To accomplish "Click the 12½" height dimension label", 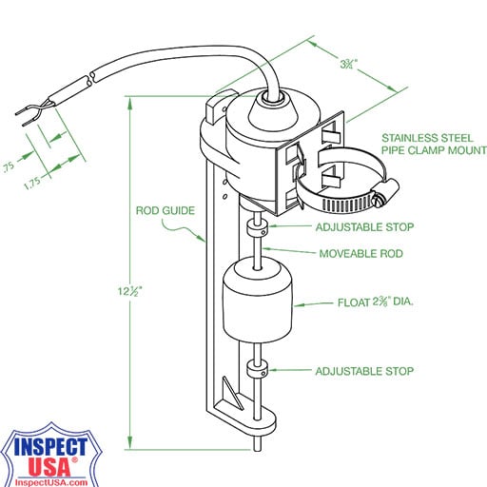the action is coord(129,291).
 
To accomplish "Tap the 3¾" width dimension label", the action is coord(349,64).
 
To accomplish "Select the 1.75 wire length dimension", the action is coord(32,183).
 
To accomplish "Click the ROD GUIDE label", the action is coord(166,210).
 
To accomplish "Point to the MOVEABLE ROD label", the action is coord(360,253).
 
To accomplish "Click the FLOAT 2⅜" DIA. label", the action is coord(376,302).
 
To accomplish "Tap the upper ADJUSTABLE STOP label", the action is coord(364,227).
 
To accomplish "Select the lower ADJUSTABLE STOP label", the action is coord(364,371).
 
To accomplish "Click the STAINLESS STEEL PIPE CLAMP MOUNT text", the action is coord(434,144).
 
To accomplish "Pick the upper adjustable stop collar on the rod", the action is coord(257,229).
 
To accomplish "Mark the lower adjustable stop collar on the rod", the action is coord(257,370).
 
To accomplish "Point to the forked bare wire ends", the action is coord(31,112).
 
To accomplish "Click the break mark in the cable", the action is coord(89,79).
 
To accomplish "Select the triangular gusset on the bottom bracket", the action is coord(233,393).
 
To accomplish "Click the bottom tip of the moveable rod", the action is coord(258,449).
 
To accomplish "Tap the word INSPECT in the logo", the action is coord(50,447).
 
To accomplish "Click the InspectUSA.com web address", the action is coord(51,482).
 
